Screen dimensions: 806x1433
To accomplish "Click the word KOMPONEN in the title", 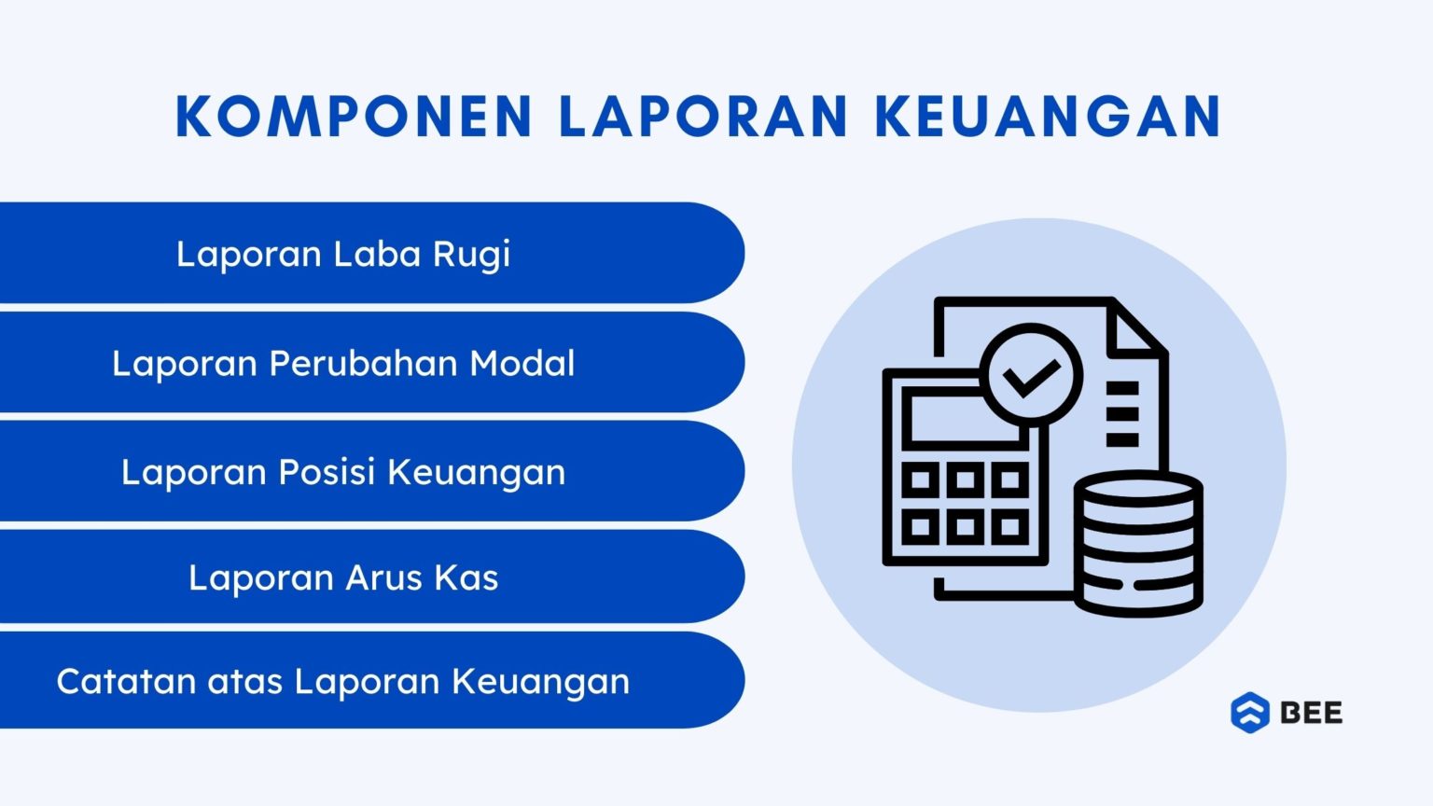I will (354, 117).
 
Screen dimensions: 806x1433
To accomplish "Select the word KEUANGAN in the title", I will (1049, 117).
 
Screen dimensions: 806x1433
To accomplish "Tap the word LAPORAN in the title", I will (703, 117).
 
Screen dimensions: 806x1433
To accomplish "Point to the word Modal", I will (522, 363).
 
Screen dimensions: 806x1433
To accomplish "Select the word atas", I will (244, 681).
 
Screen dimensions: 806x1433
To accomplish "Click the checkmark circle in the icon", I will (1031, 376).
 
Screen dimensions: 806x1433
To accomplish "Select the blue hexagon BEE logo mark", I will (1250, 713).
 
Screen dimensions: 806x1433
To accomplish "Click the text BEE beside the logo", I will (1311, 713).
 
